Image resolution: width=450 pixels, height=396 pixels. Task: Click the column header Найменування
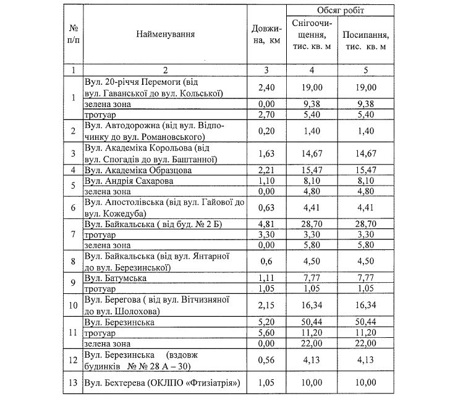(166, 35)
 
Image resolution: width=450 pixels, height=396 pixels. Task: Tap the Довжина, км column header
(266, 35)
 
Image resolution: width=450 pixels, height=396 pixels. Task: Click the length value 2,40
(266, 88)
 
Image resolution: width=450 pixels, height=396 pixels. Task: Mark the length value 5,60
(266, 332)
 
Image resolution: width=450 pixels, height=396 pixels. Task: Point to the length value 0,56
(266, 361)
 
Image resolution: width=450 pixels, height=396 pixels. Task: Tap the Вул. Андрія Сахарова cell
(130, 181)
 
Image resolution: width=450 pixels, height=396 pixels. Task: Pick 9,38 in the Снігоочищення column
(310, 104)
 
